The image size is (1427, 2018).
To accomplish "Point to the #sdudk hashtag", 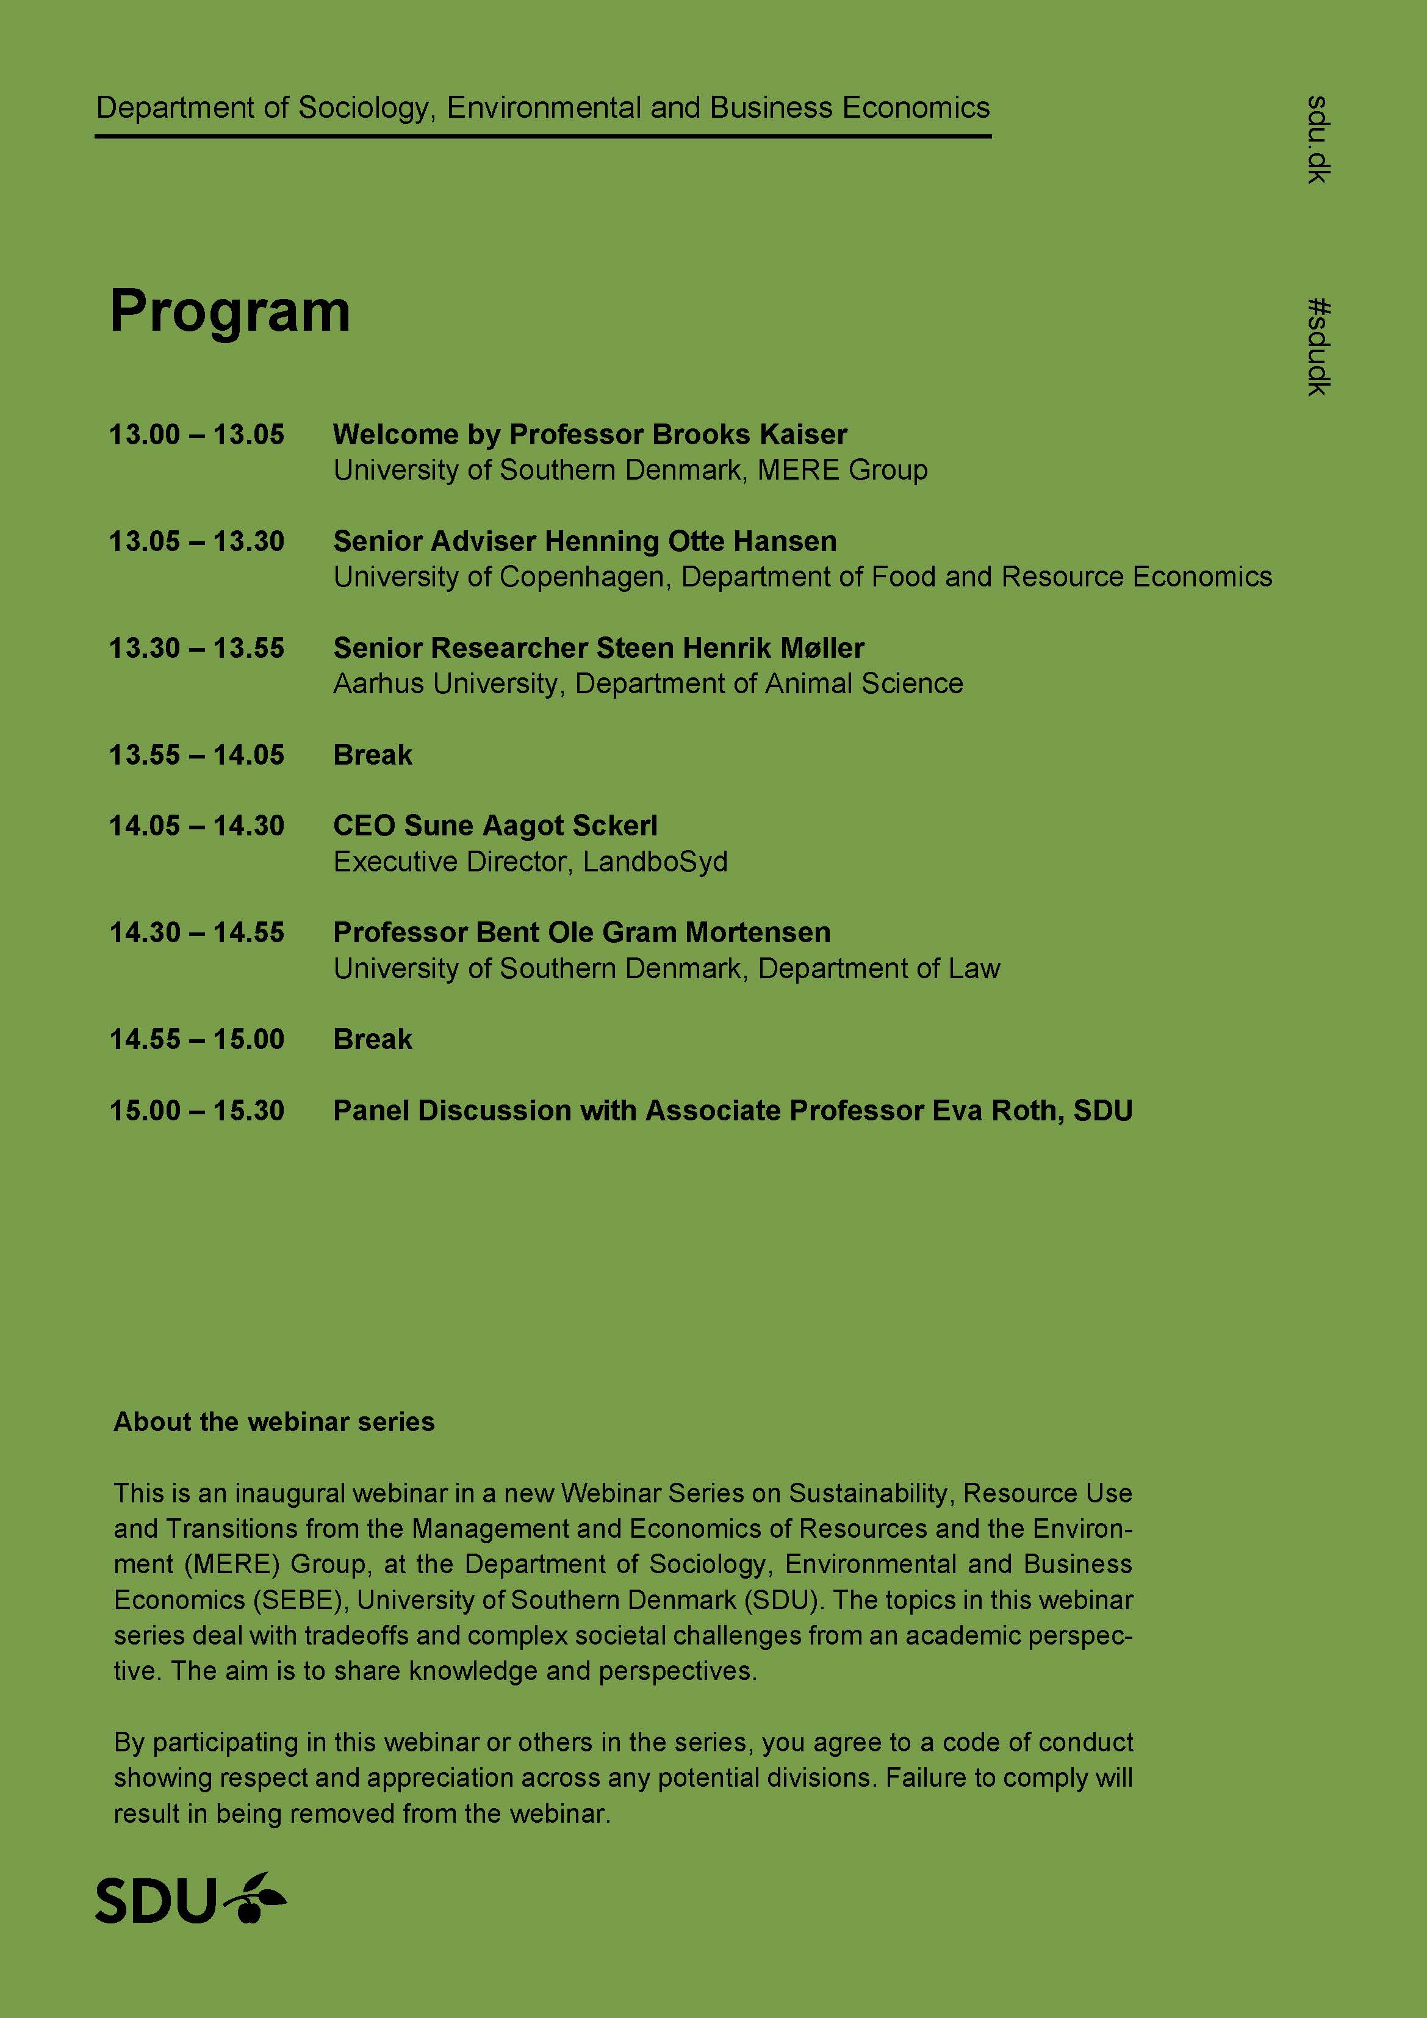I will tap(1318, 347).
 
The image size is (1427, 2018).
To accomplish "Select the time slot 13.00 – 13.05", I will tap(197, 434).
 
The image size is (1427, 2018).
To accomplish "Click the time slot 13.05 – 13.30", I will tap(197, 541).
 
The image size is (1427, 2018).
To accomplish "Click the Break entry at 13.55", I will tap(373, 755).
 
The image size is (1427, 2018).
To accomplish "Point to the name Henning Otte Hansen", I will tap(691, 541).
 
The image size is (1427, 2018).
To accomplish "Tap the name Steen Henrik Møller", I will tap(730, 649).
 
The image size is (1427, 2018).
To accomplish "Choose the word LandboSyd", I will tap(655, 862).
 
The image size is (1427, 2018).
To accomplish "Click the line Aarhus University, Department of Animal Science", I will tap(647, 684).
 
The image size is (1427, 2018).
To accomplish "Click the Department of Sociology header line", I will tap(542, 108).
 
